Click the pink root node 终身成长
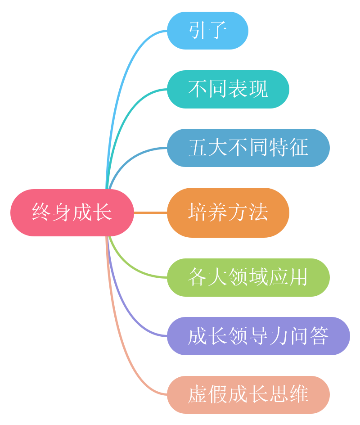click(x=72, y=212)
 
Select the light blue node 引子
click(x=207, y=31)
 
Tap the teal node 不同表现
click(x=228, y=89)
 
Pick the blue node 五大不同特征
click(x=248, y=148)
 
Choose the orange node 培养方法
click(x=228, y=212)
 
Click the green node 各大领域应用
click(x=248, y=277)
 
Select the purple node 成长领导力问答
click(x=258, y=336)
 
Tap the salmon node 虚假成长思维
click(x=248, y=394)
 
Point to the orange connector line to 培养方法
click(x=150, y=212)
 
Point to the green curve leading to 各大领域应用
click(x=130, y=266)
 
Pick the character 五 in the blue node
click(x=197, y=148)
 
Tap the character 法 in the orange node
click(x=259, y=212)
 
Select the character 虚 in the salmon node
click(x=197, y=394)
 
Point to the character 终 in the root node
click(x=41, y=212)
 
